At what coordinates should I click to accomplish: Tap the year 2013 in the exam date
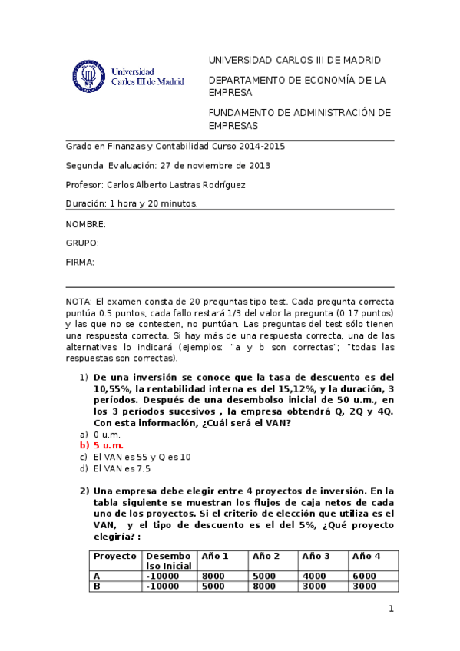[260, 165]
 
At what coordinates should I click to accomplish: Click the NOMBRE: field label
[85, 224]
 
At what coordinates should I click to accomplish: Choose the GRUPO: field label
[82, 243]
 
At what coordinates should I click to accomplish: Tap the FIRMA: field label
[80, 263]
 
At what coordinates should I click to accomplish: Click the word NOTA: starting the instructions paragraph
[79, 302]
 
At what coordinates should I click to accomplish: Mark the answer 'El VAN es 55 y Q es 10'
[141, 457]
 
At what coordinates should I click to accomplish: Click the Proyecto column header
[114, 555]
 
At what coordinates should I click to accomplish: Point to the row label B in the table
[97, 586]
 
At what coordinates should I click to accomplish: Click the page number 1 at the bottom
[391, 610]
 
